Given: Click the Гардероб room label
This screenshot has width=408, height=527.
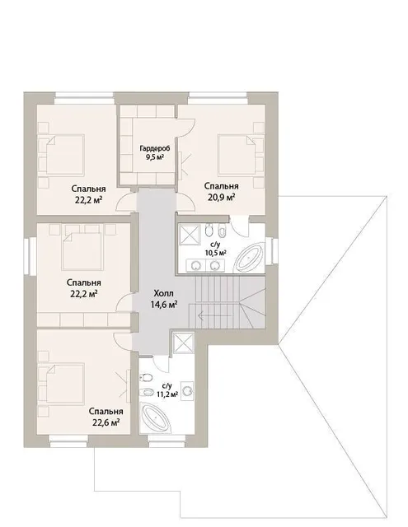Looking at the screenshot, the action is [155, 148].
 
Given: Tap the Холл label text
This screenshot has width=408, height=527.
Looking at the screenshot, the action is [163, 293].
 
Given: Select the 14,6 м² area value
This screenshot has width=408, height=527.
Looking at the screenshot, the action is [164, 305].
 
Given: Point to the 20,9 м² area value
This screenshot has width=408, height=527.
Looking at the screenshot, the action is [221, 198].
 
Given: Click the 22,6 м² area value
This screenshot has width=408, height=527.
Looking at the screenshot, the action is [106, 422].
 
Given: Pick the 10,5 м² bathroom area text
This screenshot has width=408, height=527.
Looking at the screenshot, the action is [215, 253].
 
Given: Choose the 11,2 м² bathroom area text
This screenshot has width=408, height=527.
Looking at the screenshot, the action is [167, 394].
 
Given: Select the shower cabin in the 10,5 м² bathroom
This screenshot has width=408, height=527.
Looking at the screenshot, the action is [190, 234].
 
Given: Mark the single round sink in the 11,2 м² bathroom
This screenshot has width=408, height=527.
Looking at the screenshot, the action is [187, 391].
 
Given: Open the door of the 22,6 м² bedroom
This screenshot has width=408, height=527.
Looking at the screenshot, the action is [122, 342].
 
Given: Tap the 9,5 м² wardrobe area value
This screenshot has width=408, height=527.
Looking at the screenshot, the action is [155, 156].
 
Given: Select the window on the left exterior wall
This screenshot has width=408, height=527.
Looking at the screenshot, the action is [30, 256].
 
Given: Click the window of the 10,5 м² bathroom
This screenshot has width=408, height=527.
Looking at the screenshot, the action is [272, 251].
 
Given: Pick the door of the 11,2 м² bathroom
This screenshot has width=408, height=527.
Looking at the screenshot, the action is [161, 363].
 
